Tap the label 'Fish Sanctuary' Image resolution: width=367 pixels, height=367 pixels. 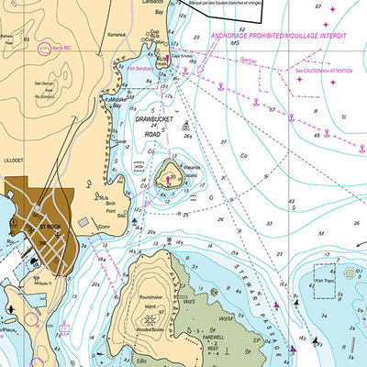coord(142,67)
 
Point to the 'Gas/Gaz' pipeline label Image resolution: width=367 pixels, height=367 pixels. coord(247,62)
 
